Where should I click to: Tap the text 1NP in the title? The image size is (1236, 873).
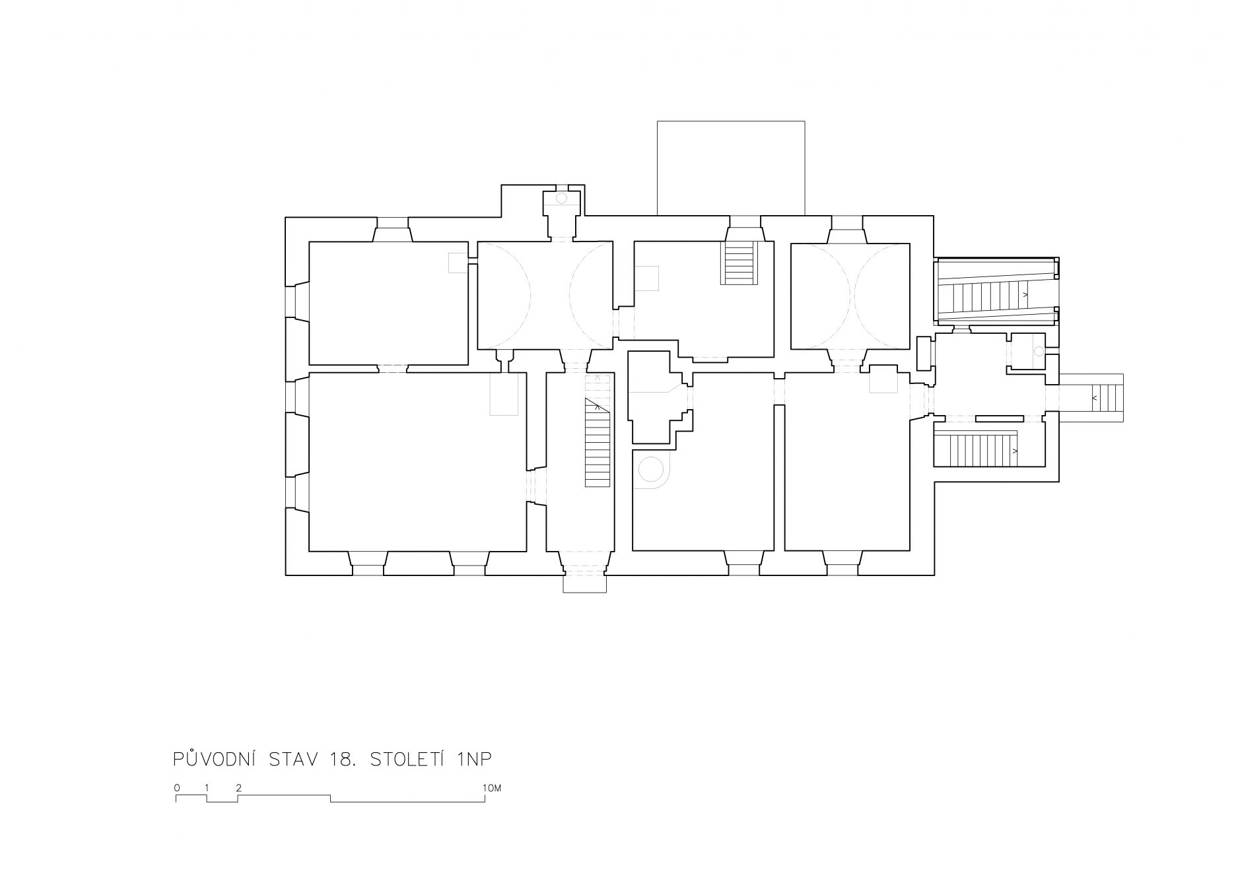[x=473, y=760]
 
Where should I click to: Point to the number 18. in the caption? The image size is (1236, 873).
[x=341, y=760]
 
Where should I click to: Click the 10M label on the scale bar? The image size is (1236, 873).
[x=492, y=788]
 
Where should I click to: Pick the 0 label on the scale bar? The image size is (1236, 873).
[x=177, y=788]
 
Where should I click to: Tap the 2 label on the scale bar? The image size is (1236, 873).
[x=238, y=788]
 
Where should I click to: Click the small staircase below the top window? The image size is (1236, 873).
[x=739, y=263]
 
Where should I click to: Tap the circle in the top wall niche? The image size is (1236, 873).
[x=562, y=198]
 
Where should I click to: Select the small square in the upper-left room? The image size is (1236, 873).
[x=457, y=262]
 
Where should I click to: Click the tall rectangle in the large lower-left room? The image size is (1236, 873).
[x=504, y=394]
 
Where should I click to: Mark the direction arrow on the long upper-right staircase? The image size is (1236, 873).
[x=1025, y=294]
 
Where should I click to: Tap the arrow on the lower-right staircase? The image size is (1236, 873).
[x=1015, y=451]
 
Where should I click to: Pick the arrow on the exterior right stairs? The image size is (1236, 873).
[x=1095, y=398]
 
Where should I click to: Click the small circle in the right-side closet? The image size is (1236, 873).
[x=1039, y=352]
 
